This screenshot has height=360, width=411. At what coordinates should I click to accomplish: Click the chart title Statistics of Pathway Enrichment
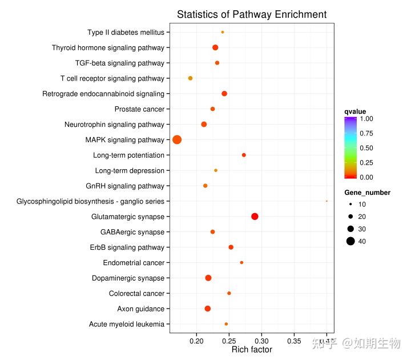tap(252, 15)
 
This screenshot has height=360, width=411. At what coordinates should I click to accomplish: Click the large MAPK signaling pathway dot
tap(177, 140)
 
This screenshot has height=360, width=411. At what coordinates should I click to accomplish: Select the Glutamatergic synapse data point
tap(255, 217)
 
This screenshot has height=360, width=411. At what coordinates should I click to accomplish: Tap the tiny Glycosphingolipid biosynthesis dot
tap(327, 201)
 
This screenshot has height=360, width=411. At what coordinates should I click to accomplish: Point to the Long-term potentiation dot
tap(244, 155)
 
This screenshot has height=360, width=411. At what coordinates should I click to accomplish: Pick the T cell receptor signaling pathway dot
tap(190, 78)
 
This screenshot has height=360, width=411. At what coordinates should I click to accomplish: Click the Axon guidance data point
tap(207, 309)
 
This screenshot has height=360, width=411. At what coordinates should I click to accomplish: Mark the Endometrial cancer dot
tap(241, 263)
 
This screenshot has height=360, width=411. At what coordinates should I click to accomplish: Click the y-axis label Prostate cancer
tap(139, 109)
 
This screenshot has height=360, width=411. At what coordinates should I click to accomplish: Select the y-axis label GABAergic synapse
tap(132, 232)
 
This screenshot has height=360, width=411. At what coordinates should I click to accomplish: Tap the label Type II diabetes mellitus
tap(126, 33)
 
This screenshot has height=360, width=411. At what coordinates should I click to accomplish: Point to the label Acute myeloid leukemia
tap(127, 325)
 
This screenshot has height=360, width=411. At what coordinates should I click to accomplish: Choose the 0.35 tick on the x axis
tap(294, 341)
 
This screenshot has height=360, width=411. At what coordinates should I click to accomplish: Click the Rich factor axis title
tap(252, 350)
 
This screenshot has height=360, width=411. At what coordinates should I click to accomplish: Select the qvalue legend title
tap(355, 111)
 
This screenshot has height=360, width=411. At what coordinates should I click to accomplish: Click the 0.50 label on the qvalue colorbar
tap(366, 148)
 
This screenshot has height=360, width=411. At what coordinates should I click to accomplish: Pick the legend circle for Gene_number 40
tap(350, 241)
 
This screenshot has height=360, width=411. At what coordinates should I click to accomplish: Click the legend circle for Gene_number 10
tap(350, 204)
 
